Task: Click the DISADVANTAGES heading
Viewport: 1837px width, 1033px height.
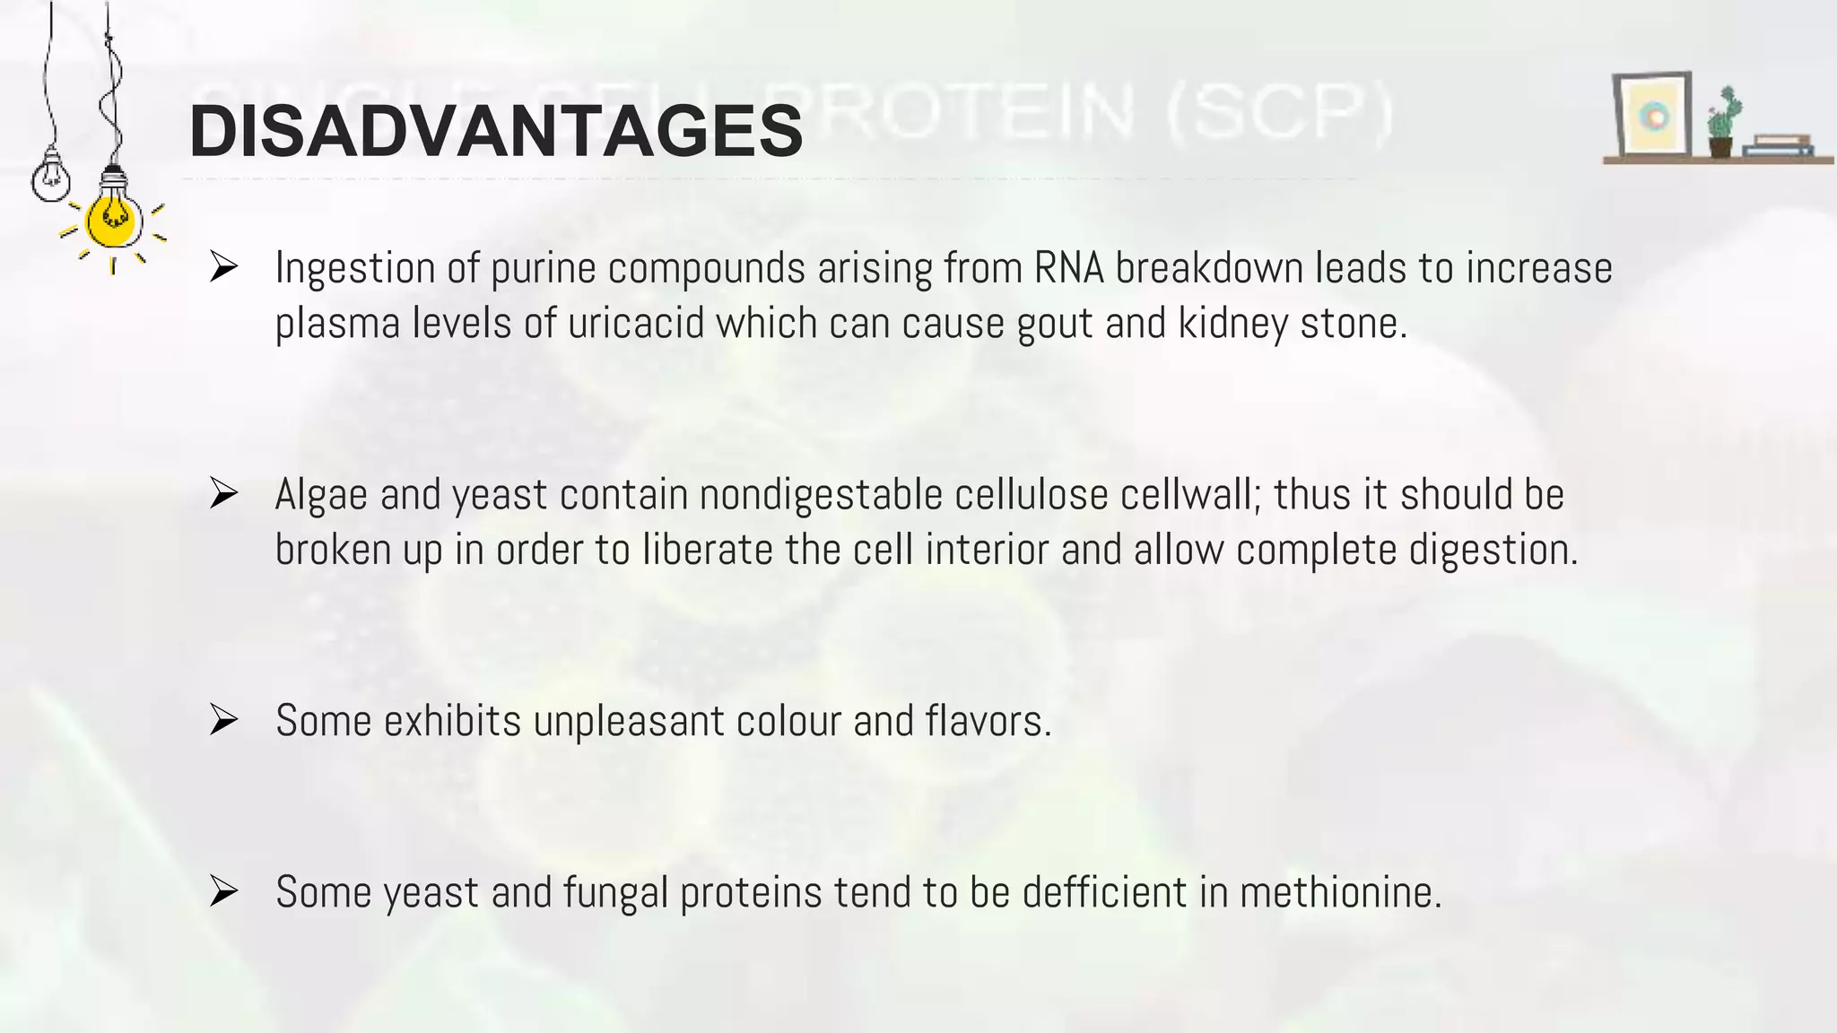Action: click(495, 132)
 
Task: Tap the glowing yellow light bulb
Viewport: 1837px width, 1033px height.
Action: click(112, 220)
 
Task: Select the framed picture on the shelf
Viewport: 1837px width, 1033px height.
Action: click(1652, 116)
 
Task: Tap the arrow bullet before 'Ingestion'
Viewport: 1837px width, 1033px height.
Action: click(222, 267)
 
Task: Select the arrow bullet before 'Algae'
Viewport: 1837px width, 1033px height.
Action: click(222, 494)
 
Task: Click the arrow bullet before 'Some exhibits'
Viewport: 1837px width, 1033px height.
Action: click(222, 720)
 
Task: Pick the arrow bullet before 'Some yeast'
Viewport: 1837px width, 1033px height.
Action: click(222, 891)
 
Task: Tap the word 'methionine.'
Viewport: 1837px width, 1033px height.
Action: click(1341, 892)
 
